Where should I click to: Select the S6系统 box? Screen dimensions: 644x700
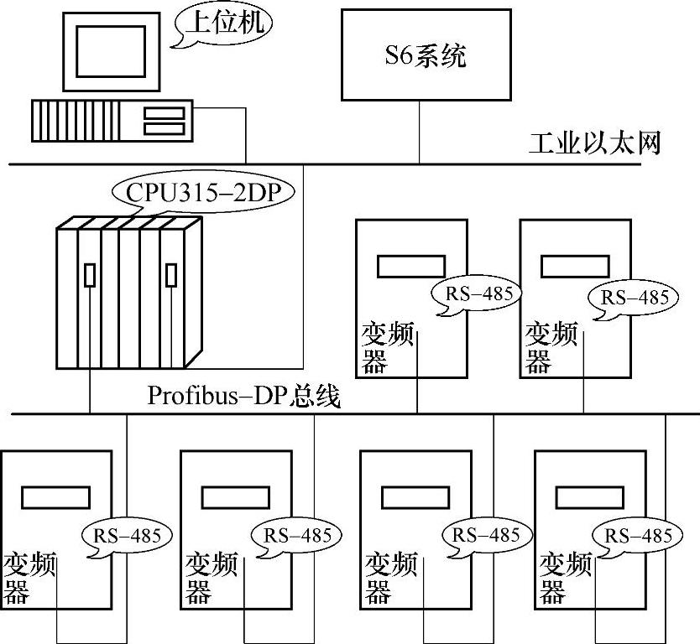426,55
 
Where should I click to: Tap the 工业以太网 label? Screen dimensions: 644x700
595,143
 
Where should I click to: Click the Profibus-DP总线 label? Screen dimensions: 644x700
244,396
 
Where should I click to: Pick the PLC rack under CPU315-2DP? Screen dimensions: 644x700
128,293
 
